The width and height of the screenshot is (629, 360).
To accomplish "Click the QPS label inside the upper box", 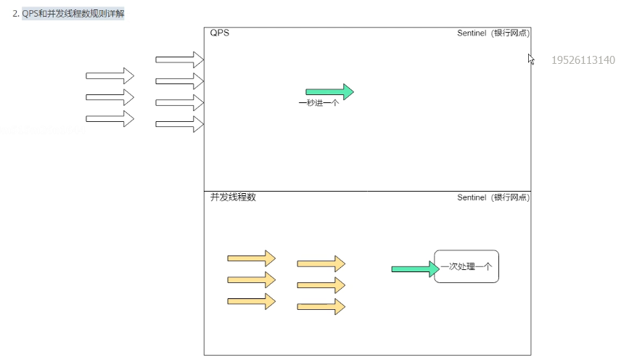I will pos(220,33).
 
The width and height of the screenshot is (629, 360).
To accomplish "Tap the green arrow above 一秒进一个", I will pos(329,91).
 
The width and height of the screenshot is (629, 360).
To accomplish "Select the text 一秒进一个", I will pos(318,103).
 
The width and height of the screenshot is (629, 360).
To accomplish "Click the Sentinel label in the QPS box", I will pos(493,33).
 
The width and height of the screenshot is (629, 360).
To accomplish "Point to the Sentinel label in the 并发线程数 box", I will pos(493,197).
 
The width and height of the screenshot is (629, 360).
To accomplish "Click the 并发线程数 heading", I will pos(233,197).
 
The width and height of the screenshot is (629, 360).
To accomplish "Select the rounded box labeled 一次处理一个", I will pos(466,266).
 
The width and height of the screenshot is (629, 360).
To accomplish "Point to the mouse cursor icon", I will pos(531,59).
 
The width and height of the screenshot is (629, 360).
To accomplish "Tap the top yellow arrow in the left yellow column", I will pos(251,258).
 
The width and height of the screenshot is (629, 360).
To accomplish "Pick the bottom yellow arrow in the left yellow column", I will pos(251,301).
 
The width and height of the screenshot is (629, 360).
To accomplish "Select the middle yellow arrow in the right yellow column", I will pos(321,285).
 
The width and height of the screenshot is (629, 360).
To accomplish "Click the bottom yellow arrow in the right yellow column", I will pos(321,306).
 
